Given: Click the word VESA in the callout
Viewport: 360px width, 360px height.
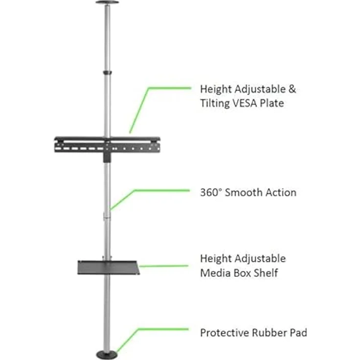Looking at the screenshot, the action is pos(245,103).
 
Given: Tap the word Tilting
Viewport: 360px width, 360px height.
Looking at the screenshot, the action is pos(215,104).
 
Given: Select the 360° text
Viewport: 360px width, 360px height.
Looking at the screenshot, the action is pos(211,192).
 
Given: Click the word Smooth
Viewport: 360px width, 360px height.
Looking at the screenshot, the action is pos(244,192).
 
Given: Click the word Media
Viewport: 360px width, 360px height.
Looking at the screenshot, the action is pos(215,273).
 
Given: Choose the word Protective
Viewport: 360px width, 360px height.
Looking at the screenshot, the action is pos(225,333).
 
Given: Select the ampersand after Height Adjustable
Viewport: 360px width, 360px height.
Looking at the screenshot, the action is pos(292,89).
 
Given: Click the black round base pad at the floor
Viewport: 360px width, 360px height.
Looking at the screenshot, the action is pos(107,355).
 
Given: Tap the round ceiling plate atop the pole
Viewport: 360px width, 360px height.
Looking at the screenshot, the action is pos(107,2).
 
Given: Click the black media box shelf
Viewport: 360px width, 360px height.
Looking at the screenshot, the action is pos(109,268).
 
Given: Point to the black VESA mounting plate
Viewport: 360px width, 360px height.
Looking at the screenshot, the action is pos(107,145).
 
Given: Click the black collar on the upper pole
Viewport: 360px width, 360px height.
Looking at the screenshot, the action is pos(107,72).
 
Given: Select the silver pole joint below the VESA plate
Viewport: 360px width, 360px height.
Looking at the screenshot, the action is pos(107,217).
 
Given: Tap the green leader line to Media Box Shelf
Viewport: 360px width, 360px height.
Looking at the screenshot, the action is pos(164,266).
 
